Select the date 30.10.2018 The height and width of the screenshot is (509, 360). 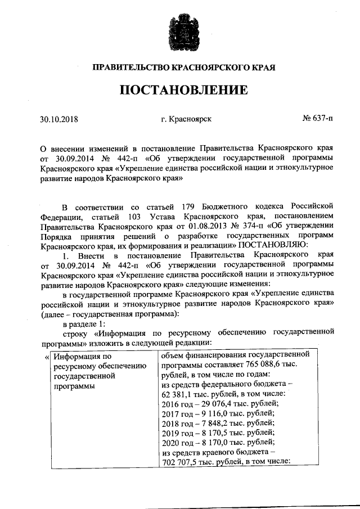[59, 119]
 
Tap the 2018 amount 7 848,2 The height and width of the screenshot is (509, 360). [209, 425]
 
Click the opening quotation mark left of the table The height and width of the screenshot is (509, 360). [46, 357]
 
